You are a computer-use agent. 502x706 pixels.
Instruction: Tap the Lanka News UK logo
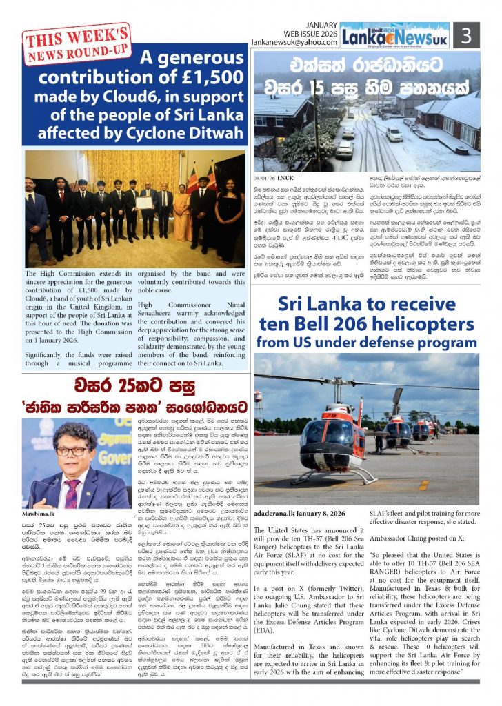pyautogui.click(x=405, y=34)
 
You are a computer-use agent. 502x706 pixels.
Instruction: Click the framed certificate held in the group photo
pyautogui.click(x=145, y=203)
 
